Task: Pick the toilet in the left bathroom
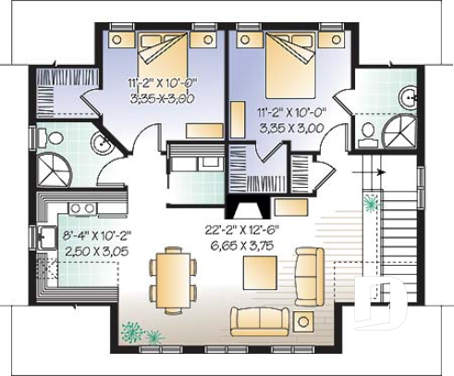pyautogui.click(x=55, y=138)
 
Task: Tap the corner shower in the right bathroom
pyautogui.click(x=399, y=132)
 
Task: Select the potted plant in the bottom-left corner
pyautogui.click(x=134, y=330)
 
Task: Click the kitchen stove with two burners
pyautogui.click(x=81, y=207)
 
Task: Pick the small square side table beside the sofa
pyautogui.click(x=302, y=321)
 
